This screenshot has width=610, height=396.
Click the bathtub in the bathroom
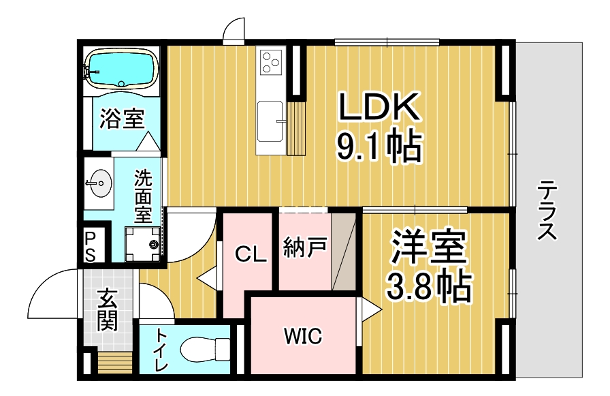pyautogui.click(x=121, y=68)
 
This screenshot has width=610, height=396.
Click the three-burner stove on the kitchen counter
pyautogui.click(x=271, y=62)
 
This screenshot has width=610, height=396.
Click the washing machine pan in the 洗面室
pyautogui.click(x=143, y=244)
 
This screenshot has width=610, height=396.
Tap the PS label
pyautogui.click(x=90, y=247)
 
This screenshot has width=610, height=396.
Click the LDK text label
pyautogui.click(x=380, y=106)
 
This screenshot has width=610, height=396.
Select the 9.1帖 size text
pyautogui.click(x=379, y=147)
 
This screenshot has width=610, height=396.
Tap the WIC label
pyautogui.click(x=303, y=335)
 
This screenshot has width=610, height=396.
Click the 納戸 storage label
pyautogui.click(x=305, y=247)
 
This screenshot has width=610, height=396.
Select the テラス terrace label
pyautogui.click(x=547, y=210)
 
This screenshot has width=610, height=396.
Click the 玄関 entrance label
pyautogui.click(x=107, y=309)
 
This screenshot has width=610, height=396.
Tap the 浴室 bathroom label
pyautogui.click(x=122, y=118)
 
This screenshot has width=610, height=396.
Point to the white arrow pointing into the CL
pyautogui.click(x=208, y=277)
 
